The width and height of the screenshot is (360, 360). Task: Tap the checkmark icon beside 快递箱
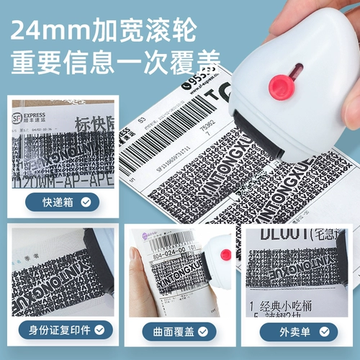(86, 202)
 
